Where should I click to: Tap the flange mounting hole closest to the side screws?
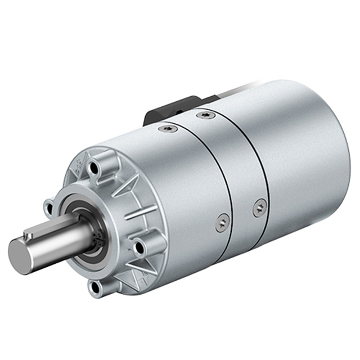(139, 246)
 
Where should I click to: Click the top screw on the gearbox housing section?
(168, 129)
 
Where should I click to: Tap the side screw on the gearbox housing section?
(223, 223)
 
